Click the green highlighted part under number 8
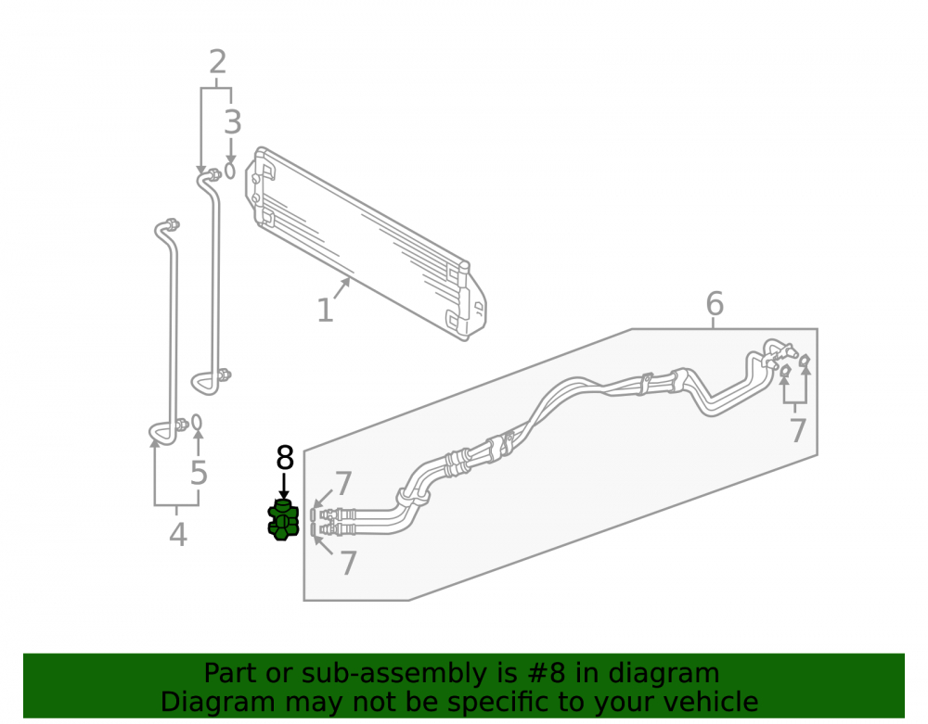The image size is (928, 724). point(283,520)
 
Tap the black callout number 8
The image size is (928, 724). point(285,458)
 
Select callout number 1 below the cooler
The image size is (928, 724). point(325,311)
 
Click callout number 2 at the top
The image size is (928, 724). point(218,62)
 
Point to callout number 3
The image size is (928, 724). point(233,122)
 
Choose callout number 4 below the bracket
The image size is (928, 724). point(178,535)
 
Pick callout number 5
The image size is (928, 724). point(199,473)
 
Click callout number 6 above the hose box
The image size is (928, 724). point(715,304)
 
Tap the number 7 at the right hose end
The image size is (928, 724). point(798,430)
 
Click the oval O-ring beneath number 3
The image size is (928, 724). point(230,171)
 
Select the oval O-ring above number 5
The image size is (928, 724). point(197,423)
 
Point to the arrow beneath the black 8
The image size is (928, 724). point(284,486)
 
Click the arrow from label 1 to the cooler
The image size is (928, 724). point(342,288)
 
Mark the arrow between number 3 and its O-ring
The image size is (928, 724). point(231,149)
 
